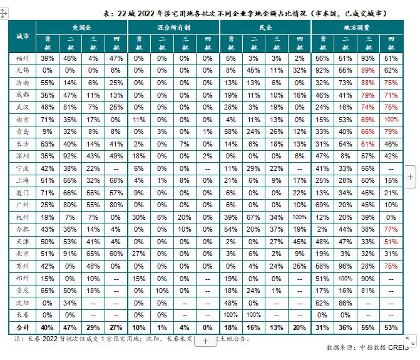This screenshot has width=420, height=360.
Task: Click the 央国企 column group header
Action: coord(82,28)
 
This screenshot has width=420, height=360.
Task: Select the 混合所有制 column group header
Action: coord(174,28)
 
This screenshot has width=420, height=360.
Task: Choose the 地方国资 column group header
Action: coord(357,28)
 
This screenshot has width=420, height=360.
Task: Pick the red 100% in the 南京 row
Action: coord(391,118)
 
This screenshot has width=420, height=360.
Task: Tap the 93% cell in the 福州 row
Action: coord(368,58)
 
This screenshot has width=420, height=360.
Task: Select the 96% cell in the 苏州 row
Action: coord(346,265)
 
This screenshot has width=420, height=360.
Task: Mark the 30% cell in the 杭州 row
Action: coord(140,216)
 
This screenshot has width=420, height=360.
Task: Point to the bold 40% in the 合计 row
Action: coord(48,327)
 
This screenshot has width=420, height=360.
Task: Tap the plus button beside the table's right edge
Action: coord(410,176)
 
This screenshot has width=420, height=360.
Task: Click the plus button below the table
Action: coord(205,341)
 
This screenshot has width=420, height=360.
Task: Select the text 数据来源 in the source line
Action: coord(341,347)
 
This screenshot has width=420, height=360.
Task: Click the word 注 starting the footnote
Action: coord(18,339)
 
